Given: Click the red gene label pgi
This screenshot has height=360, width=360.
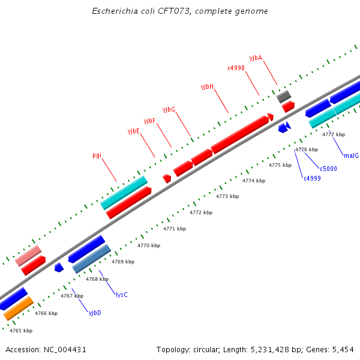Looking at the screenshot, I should pyautogui.click(x=97, y=155).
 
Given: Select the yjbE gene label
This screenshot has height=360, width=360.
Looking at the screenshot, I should pyautogui.click(x=133, y=131).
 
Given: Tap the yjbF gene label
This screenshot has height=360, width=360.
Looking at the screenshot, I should pyautogui.click(x=149, y=121).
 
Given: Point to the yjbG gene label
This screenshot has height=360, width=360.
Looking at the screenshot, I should pyautogui.click(x=169, y=109).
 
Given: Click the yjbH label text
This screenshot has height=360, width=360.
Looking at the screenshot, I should pyautogui.click(x=207, y=86).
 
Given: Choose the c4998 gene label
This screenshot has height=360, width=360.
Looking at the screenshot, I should pyautogui.click(x=236, y=68).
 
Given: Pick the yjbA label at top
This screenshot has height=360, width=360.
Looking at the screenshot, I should pyautogui.click(x=256, y=58).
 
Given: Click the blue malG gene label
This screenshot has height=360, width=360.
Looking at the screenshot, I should pyautogui.click(x=351, y=155).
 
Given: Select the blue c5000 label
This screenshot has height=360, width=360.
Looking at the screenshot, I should pyautogui.click(x=328, y=169).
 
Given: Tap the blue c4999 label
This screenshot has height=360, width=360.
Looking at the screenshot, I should pyautogui.click(x=312, y=178).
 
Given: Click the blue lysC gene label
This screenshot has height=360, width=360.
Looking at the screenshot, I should pyautogui.click(x=121, y=295).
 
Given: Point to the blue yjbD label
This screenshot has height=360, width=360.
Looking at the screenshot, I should pyautogui.click(x=95, y=313).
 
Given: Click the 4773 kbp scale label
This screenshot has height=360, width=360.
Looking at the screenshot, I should pyautogui.click(x=227, y=196).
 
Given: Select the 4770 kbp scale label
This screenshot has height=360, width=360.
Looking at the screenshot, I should pyautogui.click(x=149, y=245).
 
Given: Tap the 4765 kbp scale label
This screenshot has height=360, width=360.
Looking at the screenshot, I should pyautogui.click(x=21, y=331).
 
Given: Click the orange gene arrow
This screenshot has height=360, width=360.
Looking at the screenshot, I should pyautogui.click(x=17, y=308).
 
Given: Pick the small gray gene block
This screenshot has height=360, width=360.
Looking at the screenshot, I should pyautogui.click(x=284, y=96).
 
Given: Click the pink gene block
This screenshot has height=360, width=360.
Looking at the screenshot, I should pyautogui.click(x=28, y=256).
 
